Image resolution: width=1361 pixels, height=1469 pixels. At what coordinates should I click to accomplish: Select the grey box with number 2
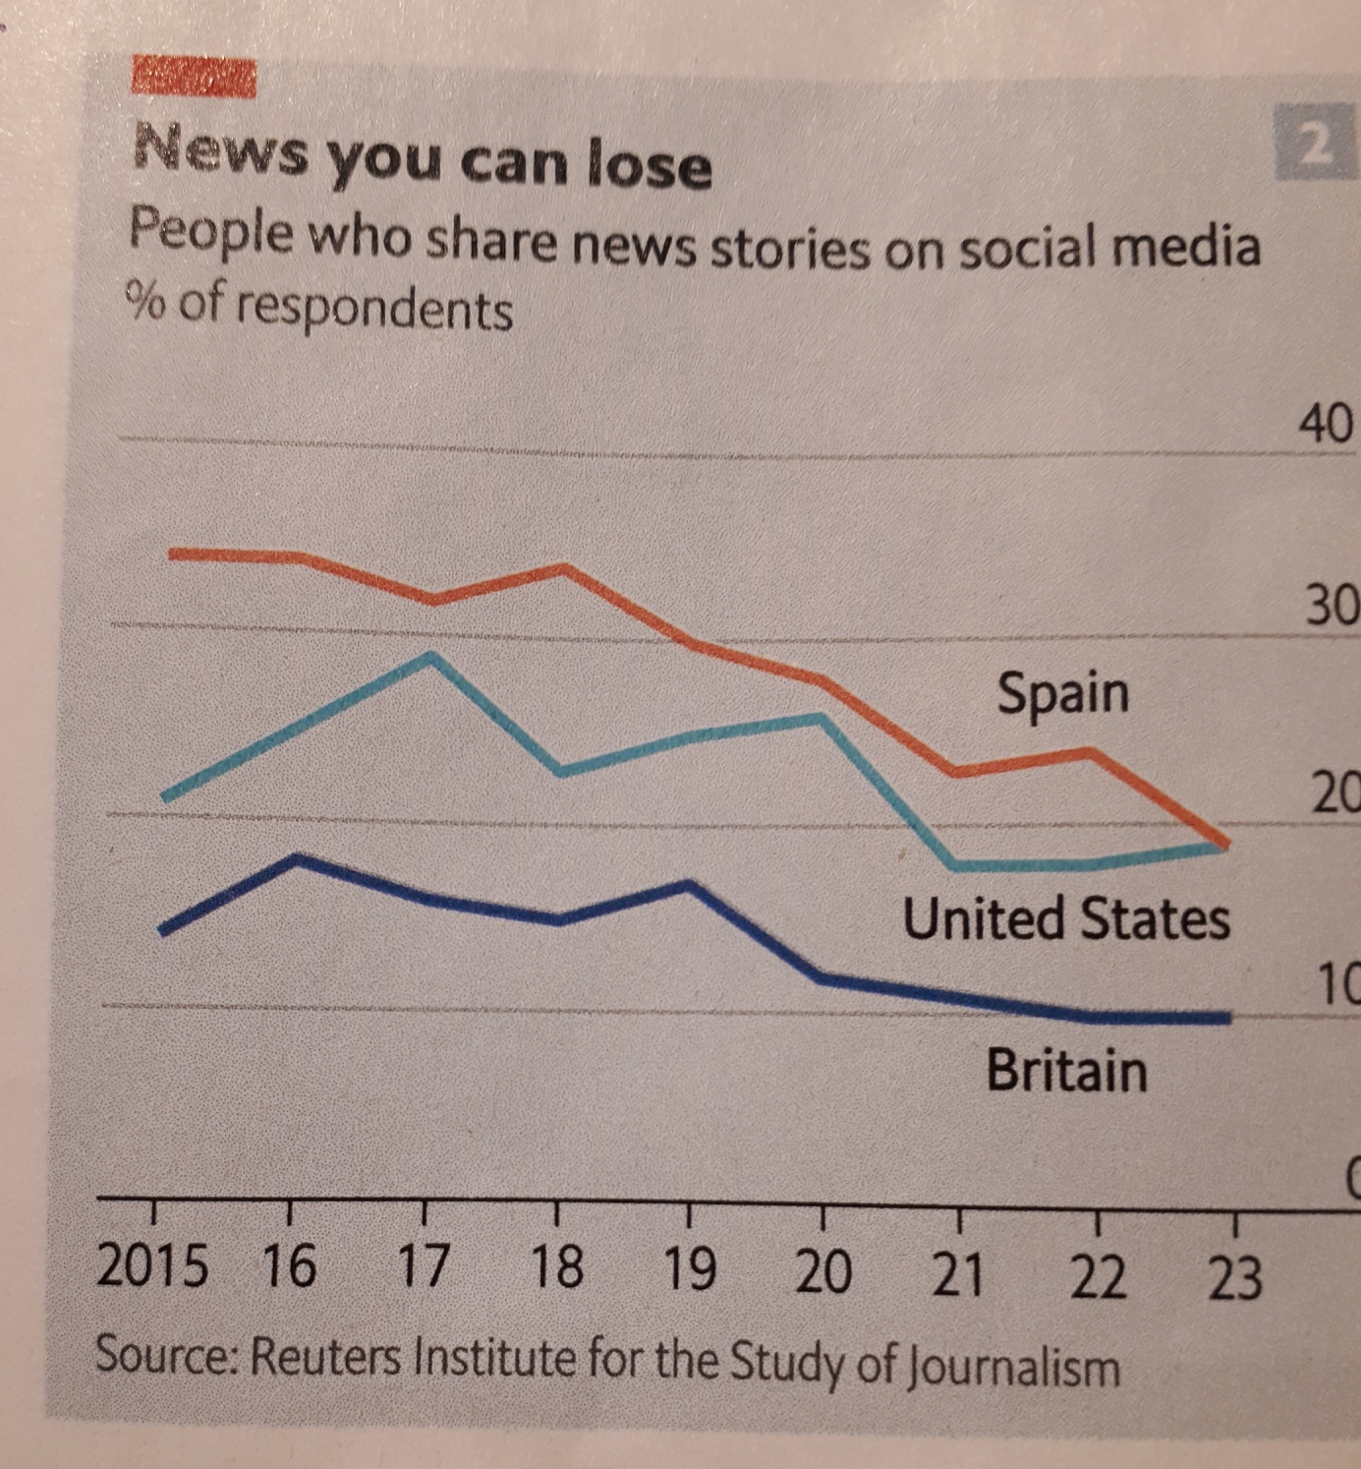click(1315, 145)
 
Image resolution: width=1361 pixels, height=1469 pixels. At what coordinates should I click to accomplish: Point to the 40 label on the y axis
click(1326, 425)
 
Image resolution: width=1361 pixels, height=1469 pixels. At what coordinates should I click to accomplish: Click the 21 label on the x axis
click(958, 1274)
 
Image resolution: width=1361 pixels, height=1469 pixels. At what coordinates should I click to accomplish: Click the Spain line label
click(1063, 693)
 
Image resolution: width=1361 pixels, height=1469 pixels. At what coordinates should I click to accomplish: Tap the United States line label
click(1066, 919)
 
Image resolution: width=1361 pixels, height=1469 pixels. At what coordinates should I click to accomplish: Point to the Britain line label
click(1067, 1070)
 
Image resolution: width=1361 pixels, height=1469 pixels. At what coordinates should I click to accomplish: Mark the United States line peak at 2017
click(430, 656)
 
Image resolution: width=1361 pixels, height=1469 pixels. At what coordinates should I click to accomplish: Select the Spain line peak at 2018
click(564, 568)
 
